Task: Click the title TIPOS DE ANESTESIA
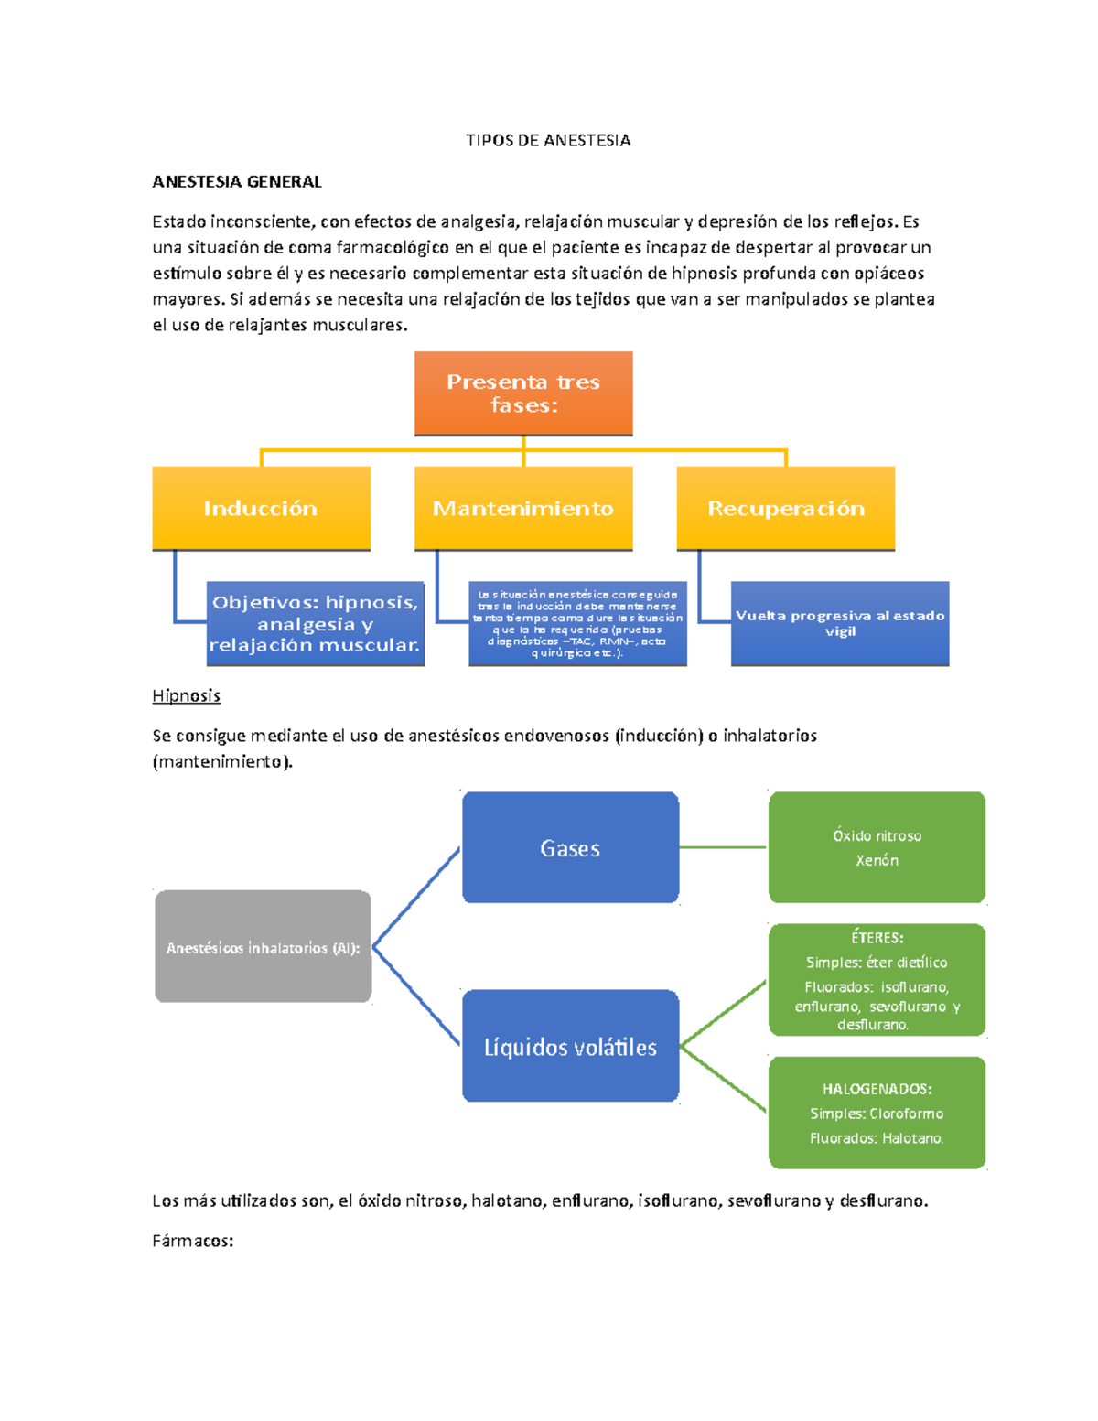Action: coord(547,140)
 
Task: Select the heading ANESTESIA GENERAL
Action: coord(236,181)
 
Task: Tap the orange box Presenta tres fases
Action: coord(523,393)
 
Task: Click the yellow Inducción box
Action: coord(261,508)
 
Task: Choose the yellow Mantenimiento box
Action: coord(523,508)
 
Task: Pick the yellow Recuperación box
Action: coord(785,508)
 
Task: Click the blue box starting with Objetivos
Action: coord(315,623)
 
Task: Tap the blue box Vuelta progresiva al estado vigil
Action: coord(839,623)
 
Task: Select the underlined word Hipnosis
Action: coord(186,695)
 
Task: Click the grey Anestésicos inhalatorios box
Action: coord(263,947)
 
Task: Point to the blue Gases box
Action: coord(570,848)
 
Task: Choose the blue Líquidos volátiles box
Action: coord(570,1047)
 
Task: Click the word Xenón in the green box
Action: coord(877,860)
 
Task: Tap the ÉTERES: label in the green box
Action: coord(877,938)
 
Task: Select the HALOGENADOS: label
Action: coord(877,1089)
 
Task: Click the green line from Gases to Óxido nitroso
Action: coord(723,847)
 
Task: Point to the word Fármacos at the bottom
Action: coord(192,1241)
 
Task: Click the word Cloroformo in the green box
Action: coord(906,1114)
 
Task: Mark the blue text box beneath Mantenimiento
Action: coord(577,623)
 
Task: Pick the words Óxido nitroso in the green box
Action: coord(877,835)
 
